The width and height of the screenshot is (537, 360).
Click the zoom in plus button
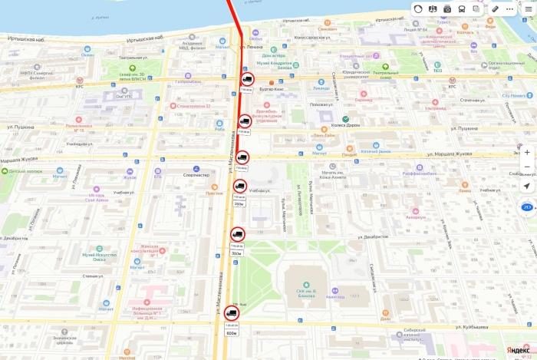[x=527, y=152]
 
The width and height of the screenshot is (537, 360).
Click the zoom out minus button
[x=527, y=167]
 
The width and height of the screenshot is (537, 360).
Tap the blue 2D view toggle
[x=527, y=207]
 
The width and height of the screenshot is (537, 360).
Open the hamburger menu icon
[x=529, y=8]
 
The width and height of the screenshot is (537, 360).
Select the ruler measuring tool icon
[x=496, y=8]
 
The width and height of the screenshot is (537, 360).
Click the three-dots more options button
[x=510, y=8]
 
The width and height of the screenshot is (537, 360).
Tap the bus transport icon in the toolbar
[x=461, y=8]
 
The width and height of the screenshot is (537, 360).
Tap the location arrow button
[x=527, y=186]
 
